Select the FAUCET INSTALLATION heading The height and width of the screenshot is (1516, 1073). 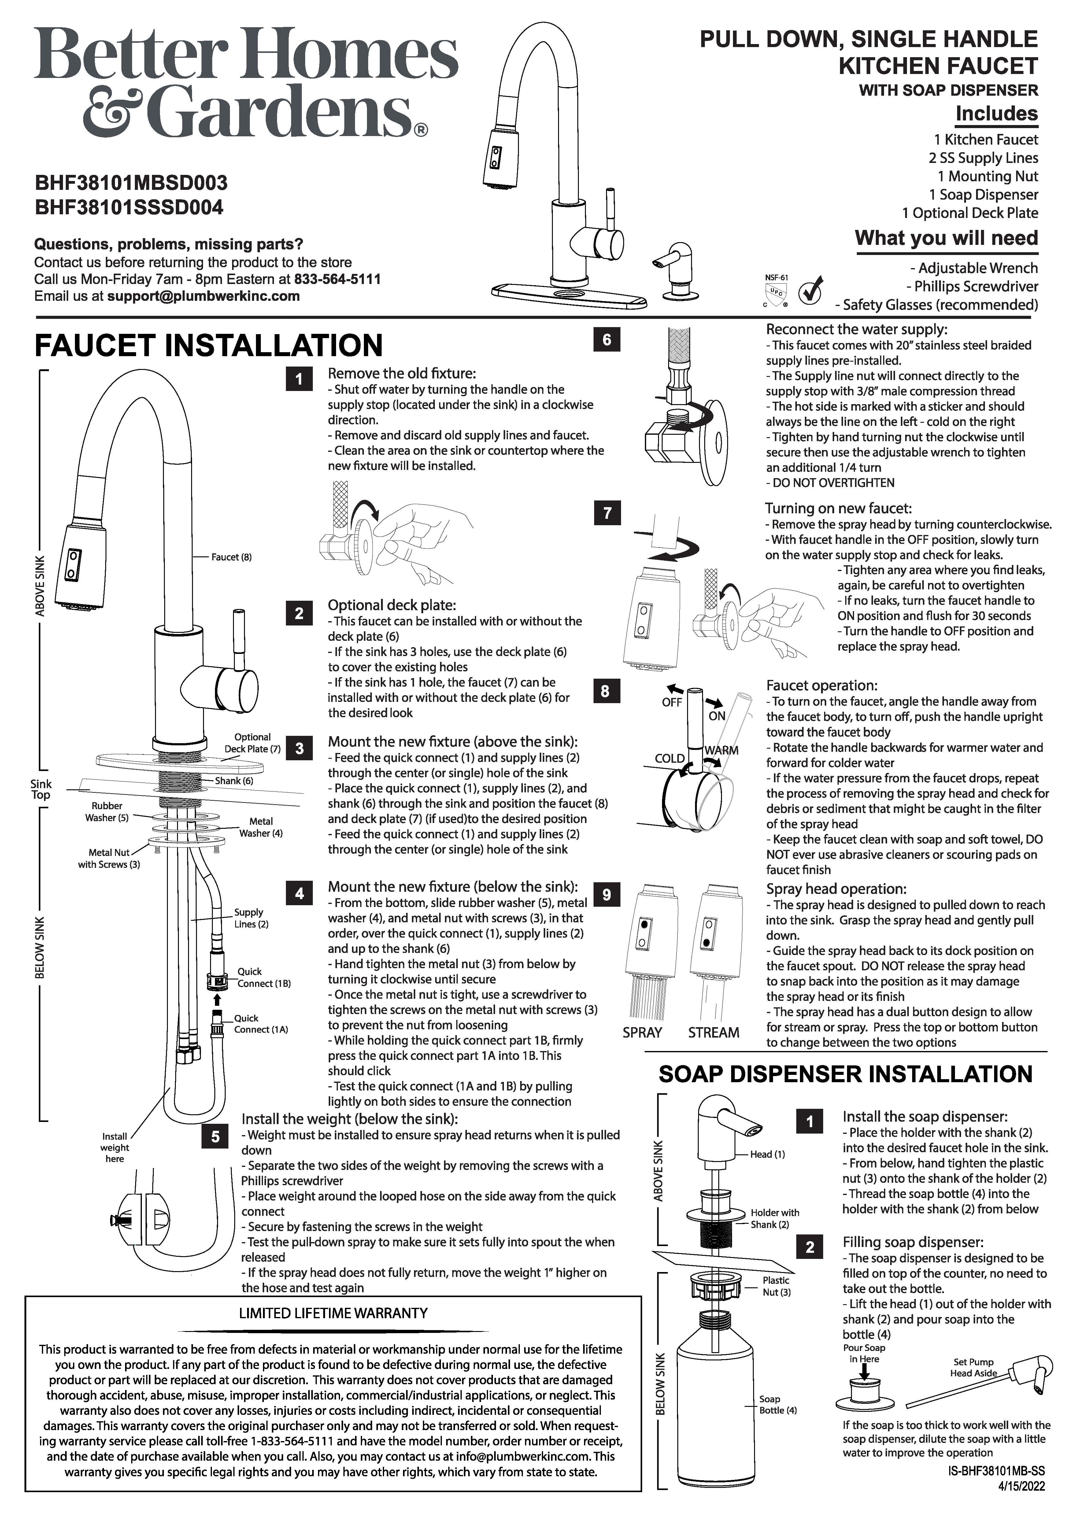[x=209, y=345]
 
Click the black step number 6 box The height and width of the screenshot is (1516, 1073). [x=607, y=340]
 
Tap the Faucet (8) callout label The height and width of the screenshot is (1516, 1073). [x=231, y=557]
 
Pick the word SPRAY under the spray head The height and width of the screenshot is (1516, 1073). [x=642, y=1032]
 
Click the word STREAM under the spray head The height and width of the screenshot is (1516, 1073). [x=714, y=1032]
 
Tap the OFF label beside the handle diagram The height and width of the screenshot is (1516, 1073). [x=672, y=702]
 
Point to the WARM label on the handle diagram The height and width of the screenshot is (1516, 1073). [x=722, y=751]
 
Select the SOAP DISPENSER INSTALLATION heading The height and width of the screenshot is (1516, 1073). [x=845, y=1074]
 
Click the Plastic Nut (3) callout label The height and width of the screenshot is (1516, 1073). [x=776, y=1286]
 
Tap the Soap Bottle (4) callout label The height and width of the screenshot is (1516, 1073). [x=778, y=1404]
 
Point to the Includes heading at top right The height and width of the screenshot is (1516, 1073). [x=996, y=114]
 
